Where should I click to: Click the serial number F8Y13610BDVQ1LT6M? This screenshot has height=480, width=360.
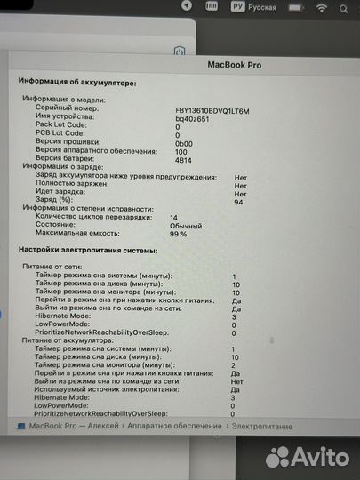click(x=212, y=110)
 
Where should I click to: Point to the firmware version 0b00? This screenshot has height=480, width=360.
click(x=184, y=142)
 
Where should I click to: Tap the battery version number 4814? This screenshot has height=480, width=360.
click(x=184, y=159)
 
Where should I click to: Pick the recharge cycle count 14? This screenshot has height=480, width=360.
click(x=173, y=218)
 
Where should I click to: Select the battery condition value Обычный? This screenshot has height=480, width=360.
click(x=186, y=226)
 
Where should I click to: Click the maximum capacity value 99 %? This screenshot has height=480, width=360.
click(x=178, y=234)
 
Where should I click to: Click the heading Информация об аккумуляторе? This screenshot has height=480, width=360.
click(x=78, y=81)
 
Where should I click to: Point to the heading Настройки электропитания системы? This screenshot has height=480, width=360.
click(x=87, y=251)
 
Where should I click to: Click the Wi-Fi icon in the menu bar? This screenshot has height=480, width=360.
click(x=321, y=8)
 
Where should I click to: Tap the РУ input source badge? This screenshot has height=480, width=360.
click(x=237, y=8)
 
